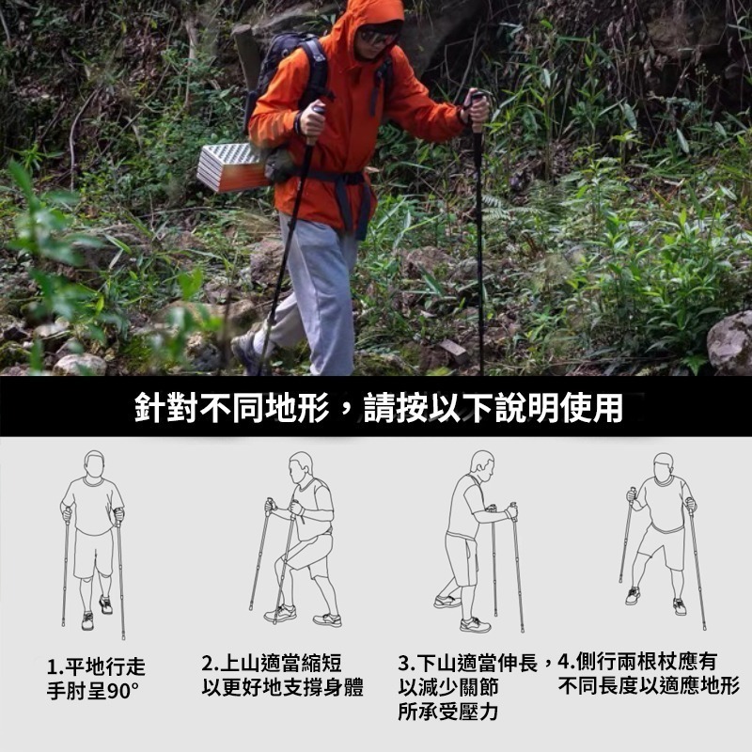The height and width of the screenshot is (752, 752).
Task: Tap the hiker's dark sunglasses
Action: tap(379, 37)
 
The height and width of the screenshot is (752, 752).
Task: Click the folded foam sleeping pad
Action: tap(231, 167)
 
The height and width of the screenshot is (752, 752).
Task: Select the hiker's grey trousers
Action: tap(312, 292)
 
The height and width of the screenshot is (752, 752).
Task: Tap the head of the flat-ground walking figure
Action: tap(94, 463)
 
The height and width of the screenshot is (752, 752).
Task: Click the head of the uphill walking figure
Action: tap(300, 467)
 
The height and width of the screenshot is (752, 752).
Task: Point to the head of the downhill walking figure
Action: tap(482, 464)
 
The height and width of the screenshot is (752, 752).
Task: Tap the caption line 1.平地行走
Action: tap(96, 666)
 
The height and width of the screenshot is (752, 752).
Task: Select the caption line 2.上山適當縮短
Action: tap(272, 664)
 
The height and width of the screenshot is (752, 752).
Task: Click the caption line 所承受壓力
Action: tap(448, 712)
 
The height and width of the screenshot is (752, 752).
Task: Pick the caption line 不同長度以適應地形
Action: tap(649, 686)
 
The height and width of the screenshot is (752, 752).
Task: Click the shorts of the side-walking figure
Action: tap(662, 547)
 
